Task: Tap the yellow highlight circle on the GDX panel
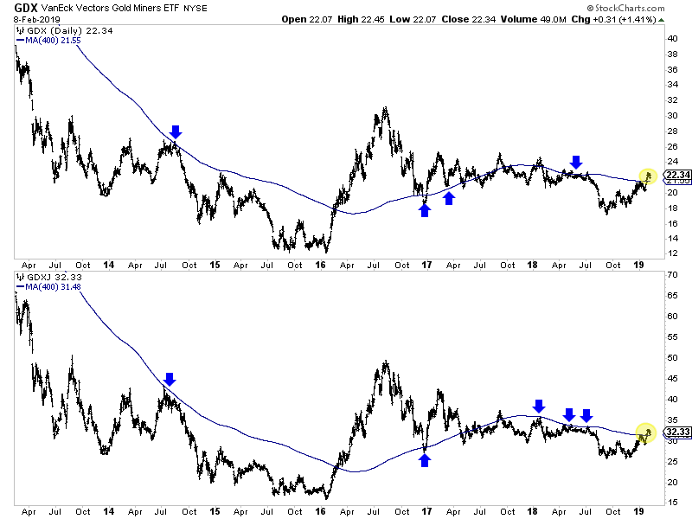tap(647, 177)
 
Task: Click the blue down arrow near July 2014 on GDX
tap(176, 131)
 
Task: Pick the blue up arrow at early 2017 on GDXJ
tap(425, 460)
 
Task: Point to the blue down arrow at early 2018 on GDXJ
tap(539, 405)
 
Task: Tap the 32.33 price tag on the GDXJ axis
tap(676, 431)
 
